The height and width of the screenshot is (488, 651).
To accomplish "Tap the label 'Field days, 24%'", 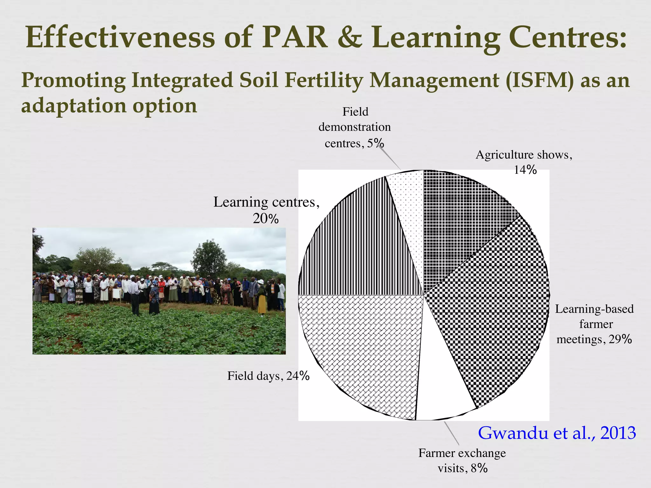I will pyautogui.click(x=268, y=376).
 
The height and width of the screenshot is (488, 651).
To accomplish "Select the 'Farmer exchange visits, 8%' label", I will pyautogui.click(x=462, y=461).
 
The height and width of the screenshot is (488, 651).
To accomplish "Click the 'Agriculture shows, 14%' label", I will pyautogui.click(x=524, y=162).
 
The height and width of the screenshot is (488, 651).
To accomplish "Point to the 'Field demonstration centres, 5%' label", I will pyautogui.click(x=354, y=127).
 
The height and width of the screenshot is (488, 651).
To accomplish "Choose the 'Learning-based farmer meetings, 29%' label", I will pyautogui.click(x=594, y=324).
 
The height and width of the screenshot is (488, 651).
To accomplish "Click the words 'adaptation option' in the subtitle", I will pyautogui.click(x=109, y=105).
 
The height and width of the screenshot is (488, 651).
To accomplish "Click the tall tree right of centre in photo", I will pyautogui.click(x=209, y=257).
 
